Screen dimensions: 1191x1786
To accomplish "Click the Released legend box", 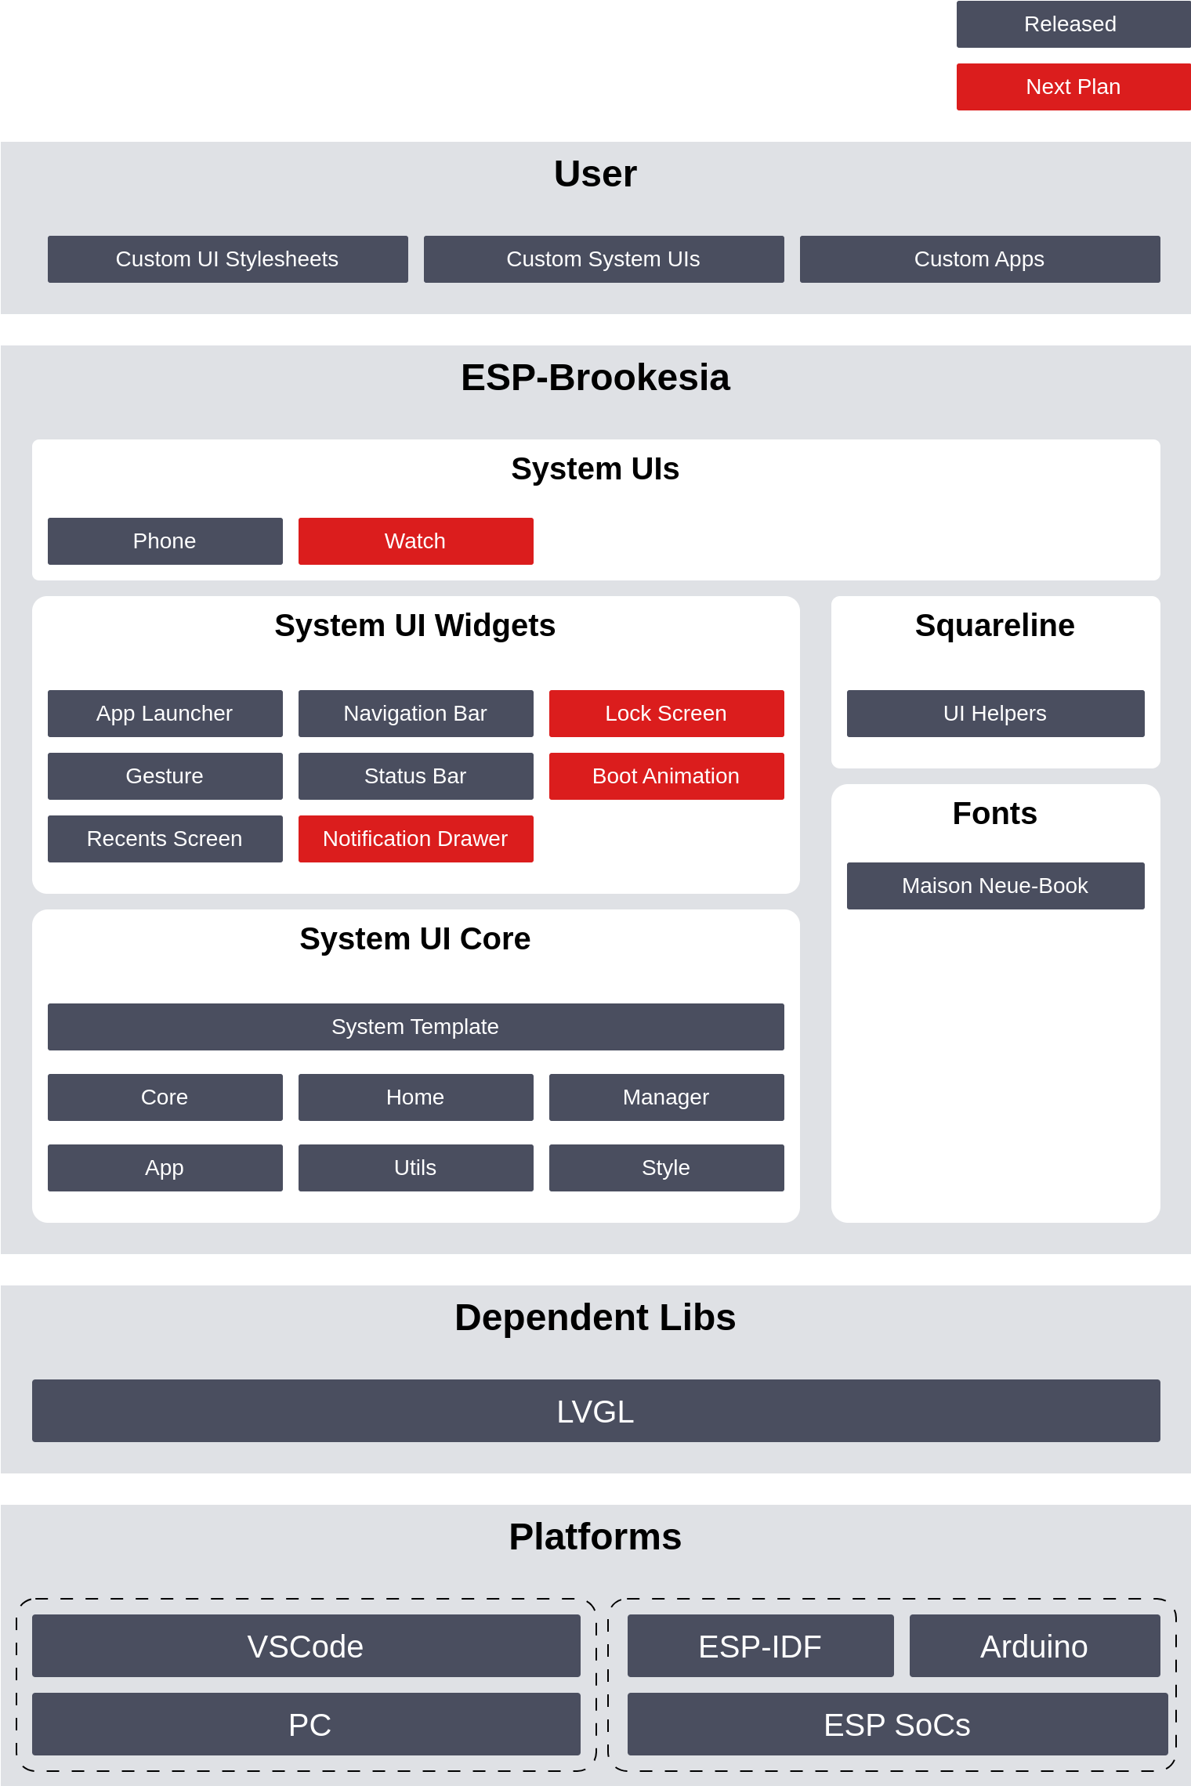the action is [x=1073, y=24].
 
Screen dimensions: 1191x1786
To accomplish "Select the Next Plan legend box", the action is [x=1073, y=87].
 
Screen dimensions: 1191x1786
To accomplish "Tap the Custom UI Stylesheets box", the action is [x=228, y=259].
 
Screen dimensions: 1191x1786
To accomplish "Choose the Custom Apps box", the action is [x=980, y=259].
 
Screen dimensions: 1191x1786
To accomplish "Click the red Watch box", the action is [x=416, y=541].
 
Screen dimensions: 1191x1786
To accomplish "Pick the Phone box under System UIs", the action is [x=165, y=541].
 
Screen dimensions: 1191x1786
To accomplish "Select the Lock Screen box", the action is [x=667, y=714].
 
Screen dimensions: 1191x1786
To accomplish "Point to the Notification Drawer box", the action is [x=416, y=839].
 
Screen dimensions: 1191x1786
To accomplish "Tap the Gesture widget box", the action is [x=165, y=776].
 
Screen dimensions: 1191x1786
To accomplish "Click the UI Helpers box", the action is [x=996, y=714].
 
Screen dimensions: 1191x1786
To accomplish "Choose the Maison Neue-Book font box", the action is [x=996, y=886].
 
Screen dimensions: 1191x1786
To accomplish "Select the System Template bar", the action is [x=416, y=1027].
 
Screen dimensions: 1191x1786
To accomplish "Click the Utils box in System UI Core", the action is [x=416, y=1168].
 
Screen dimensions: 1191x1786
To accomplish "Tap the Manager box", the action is [x=667, y=1097].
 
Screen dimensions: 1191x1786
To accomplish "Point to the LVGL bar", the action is [x=596, y=1411].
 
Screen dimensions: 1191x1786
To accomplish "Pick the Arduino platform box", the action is [x=1035, y=1646].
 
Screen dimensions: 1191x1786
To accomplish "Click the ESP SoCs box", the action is [x=898, y=1724].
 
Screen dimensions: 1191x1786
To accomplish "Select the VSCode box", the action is [x=306, y=1646].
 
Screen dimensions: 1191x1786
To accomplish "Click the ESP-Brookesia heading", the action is [x=595, y=378].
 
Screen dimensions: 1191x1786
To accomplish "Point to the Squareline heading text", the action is [x=995, y=626].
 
